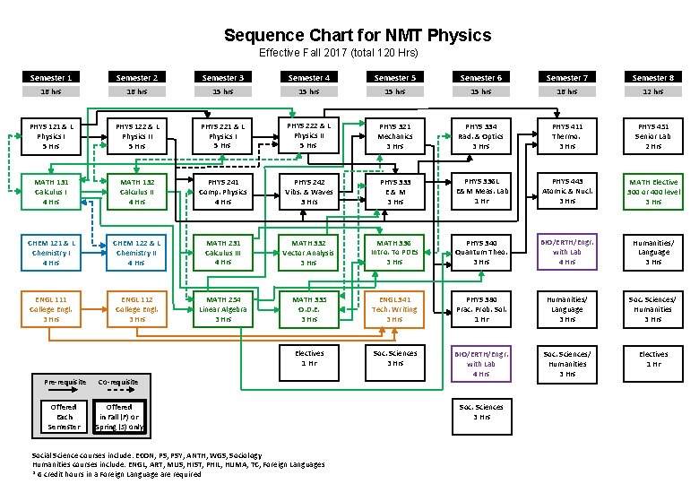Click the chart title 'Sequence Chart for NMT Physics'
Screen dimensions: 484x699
[358, 36]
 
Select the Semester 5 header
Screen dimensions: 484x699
[394, 78]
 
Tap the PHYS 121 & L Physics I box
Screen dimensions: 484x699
[51, 135]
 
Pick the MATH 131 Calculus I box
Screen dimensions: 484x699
[51, 192]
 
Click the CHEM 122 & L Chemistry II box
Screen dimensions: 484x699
[136, 252]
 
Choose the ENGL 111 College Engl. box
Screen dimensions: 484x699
[51, 308]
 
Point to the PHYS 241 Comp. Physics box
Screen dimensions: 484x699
[223, 192]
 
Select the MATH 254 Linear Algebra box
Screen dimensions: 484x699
[223, 308]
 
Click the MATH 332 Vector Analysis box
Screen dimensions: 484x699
[308, 252]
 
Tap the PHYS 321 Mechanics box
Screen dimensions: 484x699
[394, 135]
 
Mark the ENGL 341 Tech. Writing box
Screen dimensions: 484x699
[394, 308]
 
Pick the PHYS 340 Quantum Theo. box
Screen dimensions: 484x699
[481, 252]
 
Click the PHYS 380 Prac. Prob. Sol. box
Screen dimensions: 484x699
[481, 308]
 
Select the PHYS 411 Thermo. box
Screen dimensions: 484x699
[566, 135]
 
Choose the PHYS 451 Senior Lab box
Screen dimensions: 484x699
[653, 135]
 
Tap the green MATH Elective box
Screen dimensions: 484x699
[653, 192]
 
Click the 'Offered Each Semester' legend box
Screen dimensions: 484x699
[64, 416]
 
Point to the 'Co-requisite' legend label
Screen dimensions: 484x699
[119, 382]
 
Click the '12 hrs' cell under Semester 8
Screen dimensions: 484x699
[653, 91]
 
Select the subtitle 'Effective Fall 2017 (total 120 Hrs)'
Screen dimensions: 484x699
[338, 53]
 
